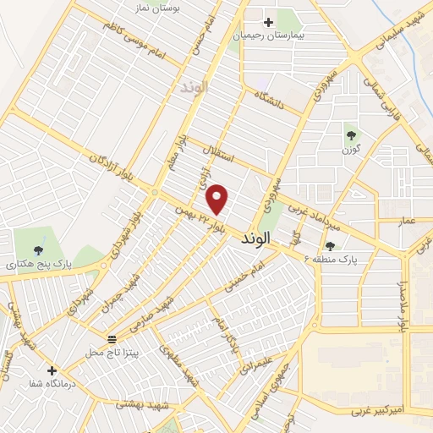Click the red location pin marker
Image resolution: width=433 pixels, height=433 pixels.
point(218,200)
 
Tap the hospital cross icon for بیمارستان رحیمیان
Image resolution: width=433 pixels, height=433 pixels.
point(269,22)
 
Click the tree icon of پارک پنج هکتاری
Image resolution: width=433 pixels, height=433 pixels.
point(38,249)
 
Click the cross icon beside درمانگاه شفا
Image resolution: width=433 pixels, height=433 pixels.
point(52,370)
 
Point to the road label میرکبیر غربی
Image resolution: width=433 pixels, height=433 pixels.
point(381,410)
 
